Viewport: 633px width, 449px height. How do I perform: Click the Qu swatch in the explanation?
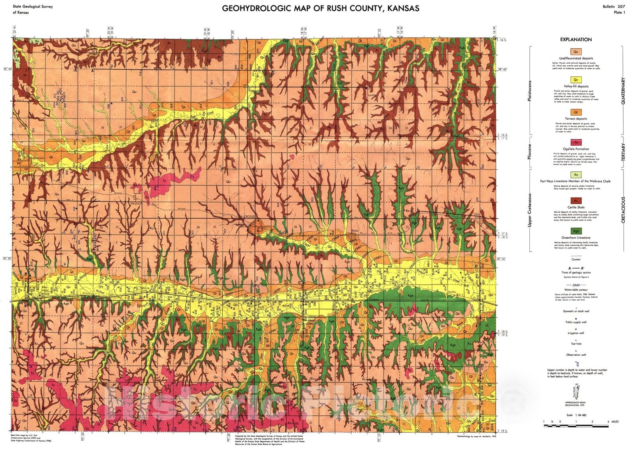pos(576,51)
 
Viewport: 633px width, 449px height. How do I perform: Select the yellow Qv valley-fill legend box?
pos(576,80)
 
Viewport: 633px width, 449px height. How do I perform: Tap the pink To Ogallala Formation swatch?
pos(576,143)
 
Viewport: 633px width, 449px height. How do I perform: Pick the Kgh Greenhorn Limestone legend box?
pos(576,231)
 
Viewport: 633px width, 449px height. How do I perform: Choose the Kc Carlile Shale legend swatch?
pos(576,200)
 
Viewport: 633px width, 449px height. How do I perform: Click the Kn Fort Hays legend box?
pos(576,175)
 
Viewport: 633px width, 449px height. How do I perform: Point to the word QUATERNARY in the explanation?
pos(623,91)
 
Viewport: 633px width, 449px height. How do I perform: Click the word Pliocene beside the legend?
pos(530,149)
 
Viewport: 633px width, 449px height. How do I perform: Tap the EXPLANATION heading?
pos(576,40)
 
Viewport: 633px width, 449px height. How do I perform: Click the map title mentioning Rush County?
pos(320,8)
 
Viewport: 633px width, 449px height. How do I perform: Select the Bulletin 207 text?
pos(614,7)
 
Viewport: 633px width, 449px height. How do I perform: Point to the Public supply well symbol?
pos(576,318)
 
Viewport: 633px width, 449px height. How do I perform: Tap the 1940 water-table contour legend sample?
pos(576,285)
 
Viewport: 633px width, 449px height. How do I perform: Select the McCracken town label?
pos(38,158)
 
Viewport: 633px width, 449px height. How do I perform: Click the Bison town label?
pos(355,230)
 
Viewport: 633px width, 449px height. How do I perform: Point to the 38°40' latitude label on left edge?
pos(9,69)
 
